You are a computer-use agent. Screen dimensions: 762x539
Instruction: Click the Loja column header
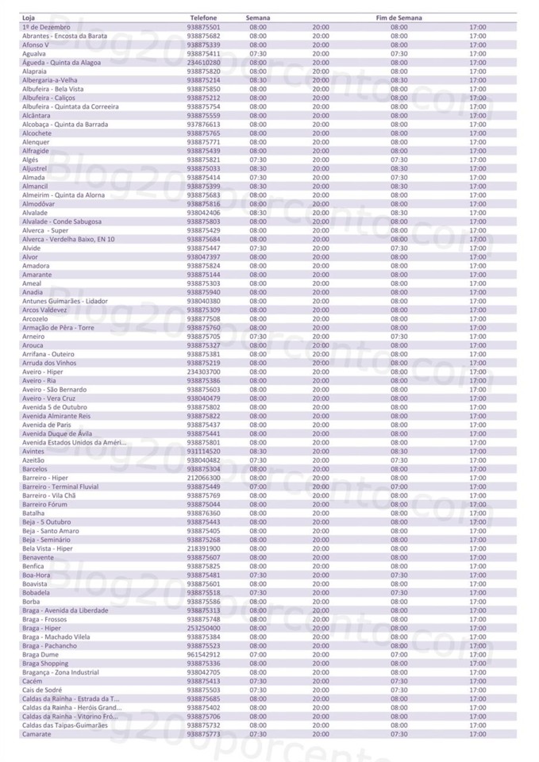point(28,17)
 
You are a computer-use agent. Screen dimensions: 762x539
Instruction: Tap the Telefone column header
point(203,17)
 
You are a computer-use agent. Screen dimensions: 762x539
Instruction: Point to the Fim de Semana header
point(398,17)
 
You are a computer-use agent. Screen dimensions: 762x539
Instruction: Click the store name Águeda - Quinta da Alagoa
point(61,62)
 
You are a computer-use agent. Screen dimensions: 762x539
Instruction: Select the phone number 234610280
point(203,62)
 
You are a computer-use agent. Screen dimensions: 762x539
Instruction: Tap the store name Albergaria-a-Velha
point(49,80)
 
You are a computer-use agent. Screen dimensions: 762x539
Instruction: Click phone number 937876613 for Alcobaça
point(203,125)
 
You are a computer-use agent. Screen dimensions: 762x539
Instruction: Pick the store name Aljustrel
point(35,168)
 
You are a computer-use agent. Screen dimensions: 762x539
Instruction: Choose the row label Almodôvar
point(38,204)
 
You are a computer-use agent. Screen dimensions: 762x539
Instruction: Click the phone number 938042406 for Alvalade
point(203,213)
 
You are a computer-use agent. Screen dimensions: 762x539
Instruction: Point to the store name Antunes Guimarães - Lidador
point(64,302)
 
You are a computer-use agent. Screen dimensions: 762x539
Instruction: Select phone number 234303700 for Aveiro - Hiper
point(203,372)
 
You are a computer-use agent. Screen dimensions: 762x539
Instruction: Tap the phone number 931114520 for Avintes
point(203,452)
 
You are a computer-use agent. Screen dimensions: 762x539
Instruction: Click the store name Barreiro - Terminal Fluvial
point(60,487)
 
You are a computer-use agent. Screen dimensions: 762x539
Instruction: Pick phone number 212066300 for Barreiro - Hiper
point(203,478)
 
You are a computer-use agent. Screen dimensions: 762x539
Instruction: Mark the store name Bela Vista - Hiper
point(47,548)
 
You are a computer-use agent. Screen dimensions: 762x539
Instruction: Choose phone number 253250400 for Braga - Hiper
point(203,628)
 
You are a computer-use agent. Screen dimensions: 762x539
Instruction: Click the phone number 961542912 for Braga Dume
point(203,655)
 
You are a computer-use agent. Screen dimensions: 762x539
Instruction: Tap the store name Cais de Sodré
point(43,690)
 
